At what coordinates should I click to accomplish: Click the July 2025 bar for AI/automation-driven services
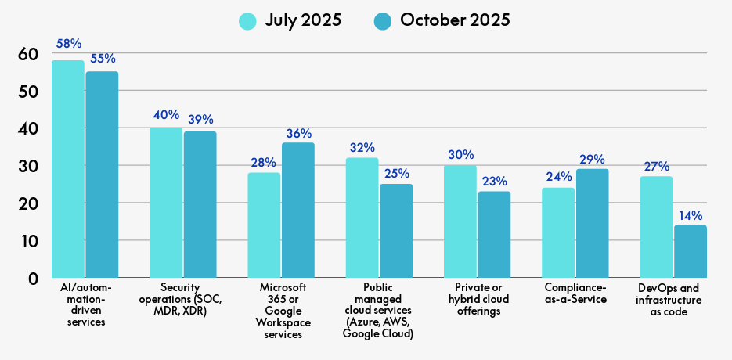[68, 169]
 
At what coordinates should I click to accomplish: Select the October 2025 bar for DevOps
[690, 251]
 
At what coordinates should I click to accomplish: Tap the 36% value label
[298, 133]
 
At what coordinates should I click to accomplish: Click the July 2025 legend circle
[248, 20]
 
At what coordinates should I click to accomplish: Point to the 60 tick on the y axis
[27, 54]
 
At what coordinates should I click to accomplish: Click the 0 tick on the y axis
[33, 279]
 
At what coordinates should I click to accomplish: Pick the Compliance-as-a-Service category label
[575, 294]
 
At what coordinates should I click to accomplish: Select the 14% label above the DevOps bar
[691, 216]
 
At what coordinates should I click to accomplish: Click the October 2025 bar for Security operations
[200, 204]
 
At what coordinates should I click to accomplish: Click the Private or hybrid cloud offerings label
[476, 300]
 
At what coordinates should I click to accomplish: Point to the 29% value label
[592, 159]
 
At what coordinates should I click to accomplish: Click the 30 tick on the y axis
[27, 166]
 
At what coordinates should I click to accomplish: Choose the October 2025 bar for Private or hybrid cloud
[493, 235]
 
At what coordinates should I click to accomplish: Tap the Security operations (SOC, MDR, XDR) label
[182, 300]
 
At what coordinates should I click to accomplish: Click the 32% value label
[362, 147]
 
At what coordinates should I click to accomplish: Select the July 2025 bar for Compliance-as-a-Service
[559, 232]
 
